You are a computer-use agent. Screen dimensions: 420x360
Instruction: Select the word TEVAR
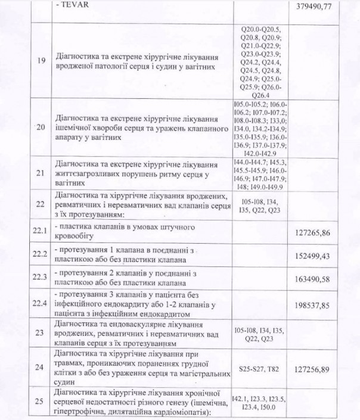click(71, 8)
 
